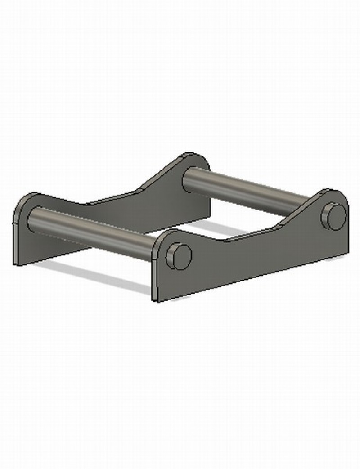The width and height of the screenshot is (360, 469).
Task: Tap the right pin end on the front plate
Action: [x=334, y=216]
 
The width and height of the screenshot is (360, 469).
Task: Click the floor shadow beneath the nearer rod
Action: [x=99, y=277]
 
